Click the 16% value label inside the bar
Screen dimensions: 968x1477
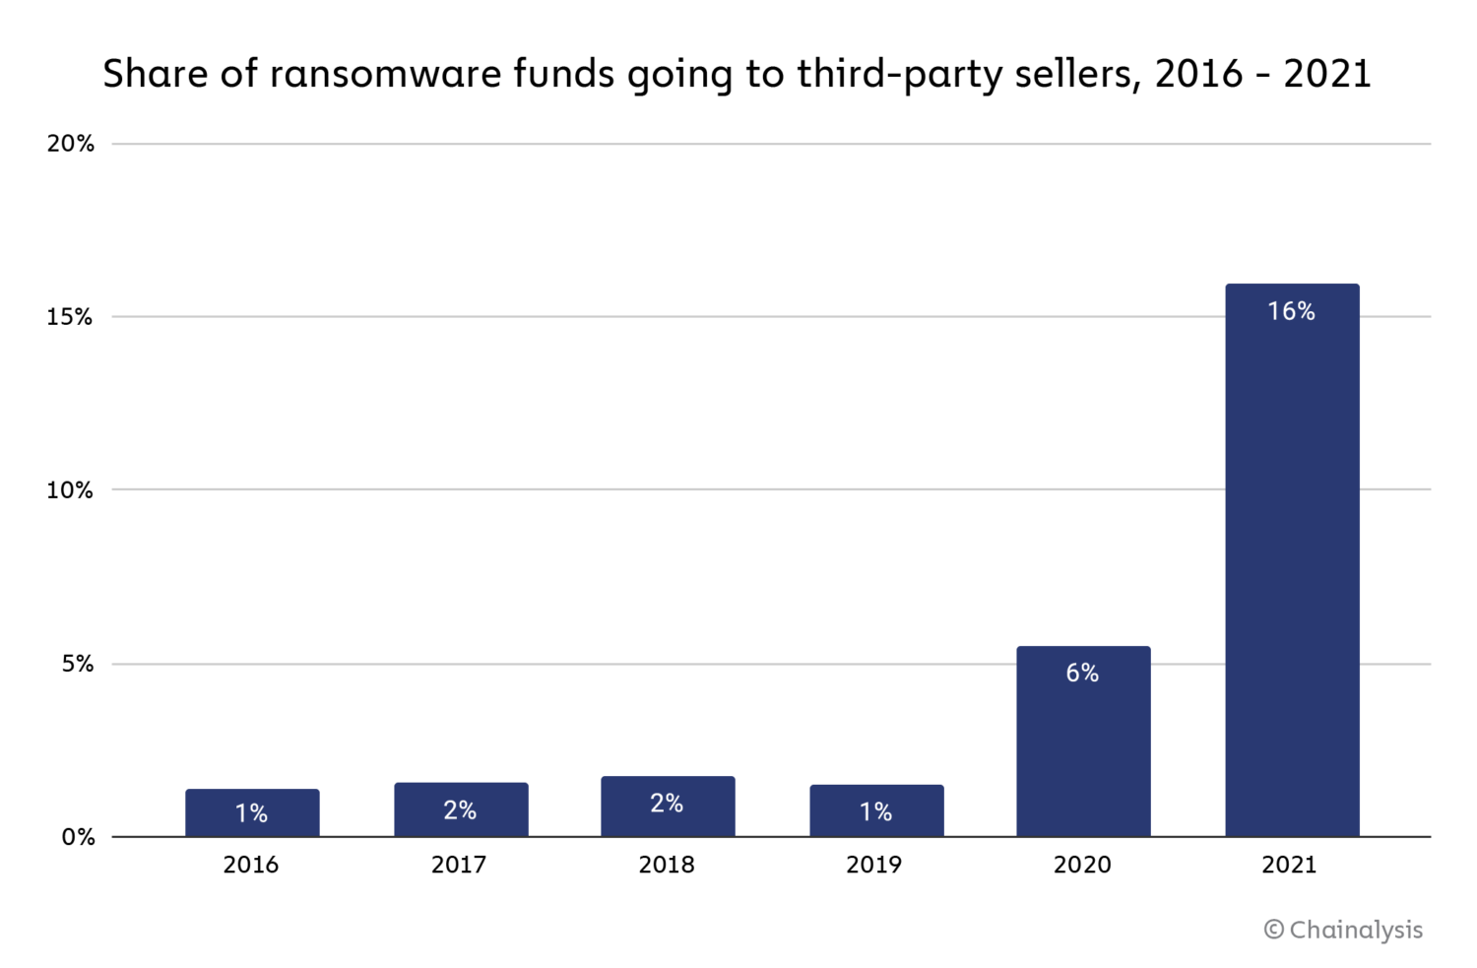click(x=1291, y=311)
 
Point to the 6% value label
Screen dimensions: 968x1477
click(x=1082, y=673)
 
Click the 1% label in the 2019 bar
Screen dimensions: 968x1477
click(x=875, y=811)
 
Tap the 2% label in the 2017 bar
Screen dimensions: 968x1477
click(x=460, y=809)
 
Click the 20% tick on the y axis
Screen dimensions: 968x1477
click(x=71, y=144)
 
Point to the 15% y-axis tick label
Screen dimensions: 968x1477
click(x=70, y=317)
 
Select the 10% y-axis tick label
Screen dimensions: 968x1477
click(x=70, y=490)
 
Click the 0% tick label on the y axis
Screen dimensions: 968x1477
click(x=78, y=837)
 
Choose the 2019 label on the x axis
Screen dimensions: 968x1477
click(x=873, y=865)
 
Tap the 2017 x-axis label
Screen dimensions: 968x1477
click(x=459, y=865)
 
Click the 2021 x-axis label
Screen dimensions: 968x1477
click(x=1289, y=865)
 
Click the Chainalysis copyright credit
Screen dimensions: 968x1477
click(x=1343, y=930)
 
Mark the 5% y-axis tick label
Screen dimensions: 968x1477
click(x=78, y=664)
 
